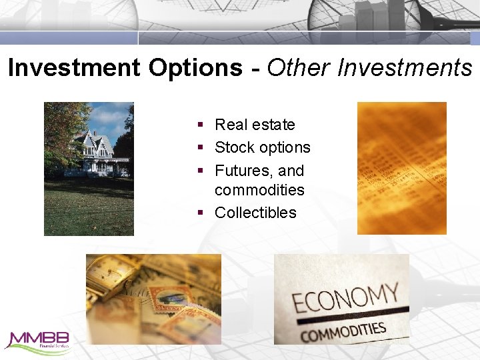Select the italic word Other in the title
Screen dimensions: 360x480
(x=299, y=67)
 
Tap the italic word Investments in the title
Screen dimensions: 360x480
(x=405, y=67)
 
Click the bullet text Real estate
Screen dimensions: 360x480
(x=255, y=125)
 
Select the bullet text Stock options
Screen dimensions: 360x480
(x=263, y=147)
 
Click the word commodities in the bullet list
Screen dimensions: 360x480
(x=259, y=190)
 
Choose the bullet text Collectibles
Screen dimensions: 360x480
(x=255, y=213)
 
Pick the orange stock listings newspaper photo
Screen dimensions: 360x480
(x=401, y=168)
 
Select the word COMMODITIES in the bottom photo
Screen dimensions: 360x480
(x=344, y=331)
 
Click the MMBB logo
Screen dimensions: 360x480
(x=37, y=341)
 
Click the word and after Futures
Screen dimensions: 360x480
(x=291, y=170)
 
